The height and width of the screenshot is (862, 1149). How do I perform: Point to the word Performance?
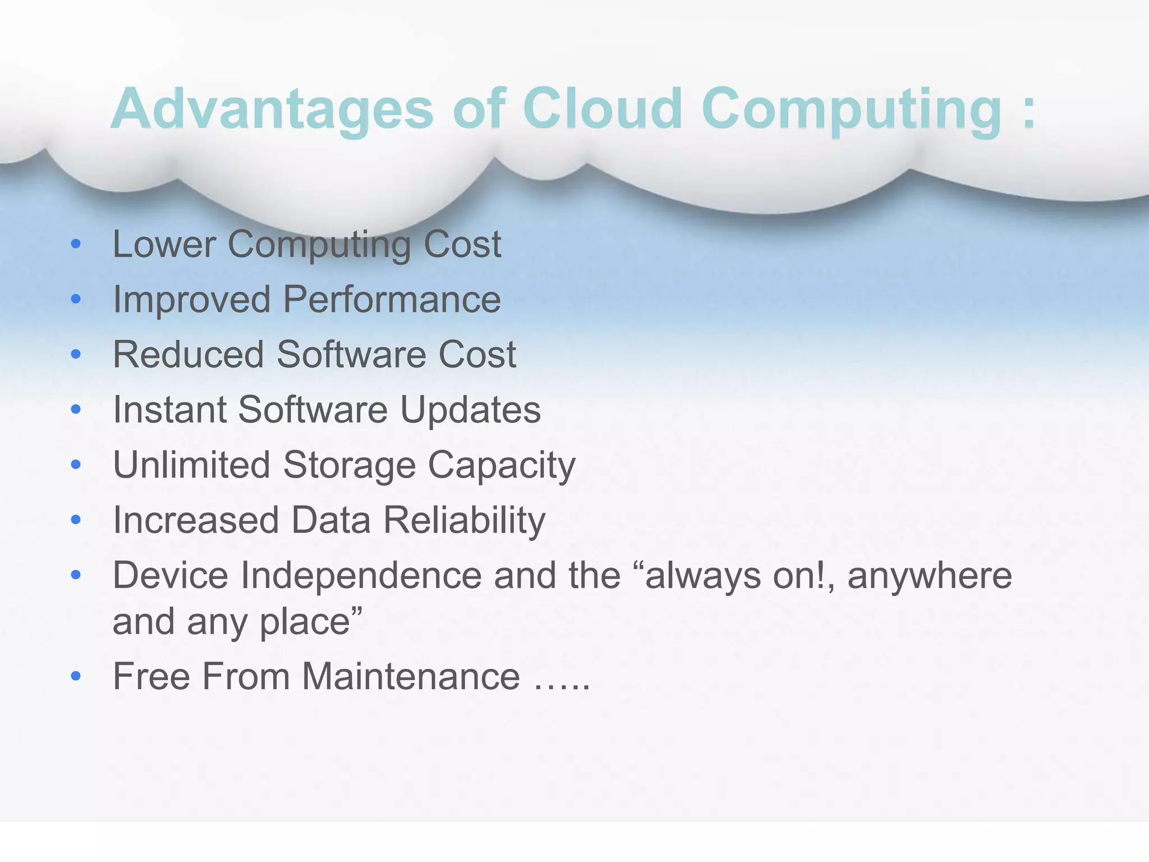(x=392, y=299)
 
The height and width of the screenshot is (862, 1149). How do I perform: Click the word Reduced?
(x=189, y=355)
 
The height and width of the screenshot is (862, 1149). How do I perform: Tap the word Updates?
(x=470, y=410)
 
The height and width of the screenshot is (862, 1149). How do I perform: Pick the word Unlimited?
(x=191, y=465)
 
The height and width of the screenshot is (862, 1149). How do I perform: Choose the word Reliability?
(x=464, y=520)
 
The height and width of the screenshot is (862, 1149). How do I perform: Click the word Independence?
(x=361, y=575)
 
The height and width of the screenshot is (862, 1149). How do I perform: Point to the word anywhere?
(x=930, y=575)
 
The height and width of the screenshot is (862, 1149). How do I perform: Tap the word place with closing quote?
(x=311, y=622)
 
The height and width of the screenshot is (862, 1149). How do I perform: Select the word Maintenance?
(x=411, y=676)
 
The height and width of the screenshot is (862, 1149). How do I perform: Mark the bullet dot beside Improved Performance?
(x=76, y=299)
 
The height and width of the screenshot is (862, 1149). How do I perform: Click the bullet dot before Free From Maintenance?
(x=76, y=676)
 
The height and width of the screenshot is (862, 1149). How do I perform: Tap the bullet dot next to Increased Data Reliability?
(x=76, y=520)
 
